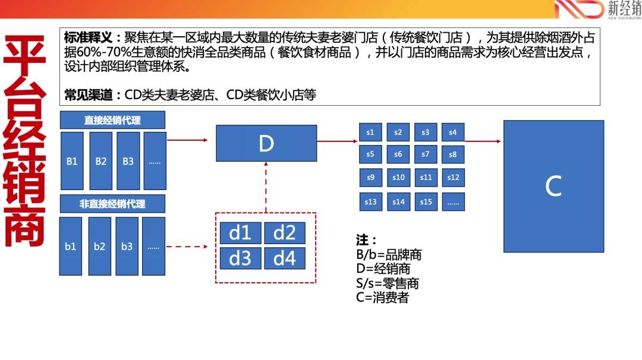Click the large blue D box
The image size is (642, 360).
[x=266, y=143]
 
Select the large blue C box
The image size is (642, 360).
[x=553, y=186]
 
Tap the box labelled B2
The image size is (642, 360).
[x=100, y=161]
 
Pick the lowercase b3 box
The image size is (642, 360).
[x=127, y=246]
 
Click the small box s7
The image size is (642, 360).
[x=426, y=154]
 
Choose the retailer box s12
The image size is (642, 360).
[x=453, y=178]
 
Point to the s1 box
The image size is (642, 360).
[x=370, y=132]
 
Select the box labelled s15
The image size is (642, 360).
[x=426, y=201]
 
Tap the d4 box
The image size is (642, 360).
[x=285, y=258]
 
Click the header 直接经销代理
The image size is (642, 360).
[x=112, y=120]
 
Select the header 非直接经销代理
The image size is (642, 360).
[x=112, y=204]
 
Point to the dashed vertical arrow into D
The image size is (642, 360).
[x=266, y=187]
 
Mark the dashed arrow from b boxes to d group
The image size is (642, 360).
[x=187, y=247]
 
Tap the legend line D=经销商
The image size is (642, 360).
[x=383, y=269]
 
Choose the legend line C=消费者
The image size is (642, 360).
[x=382, y=298]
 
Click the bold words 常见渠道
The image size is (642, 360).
[x=88, y=95]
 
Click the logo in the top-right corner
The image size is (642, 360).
[x=598, y=10]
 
